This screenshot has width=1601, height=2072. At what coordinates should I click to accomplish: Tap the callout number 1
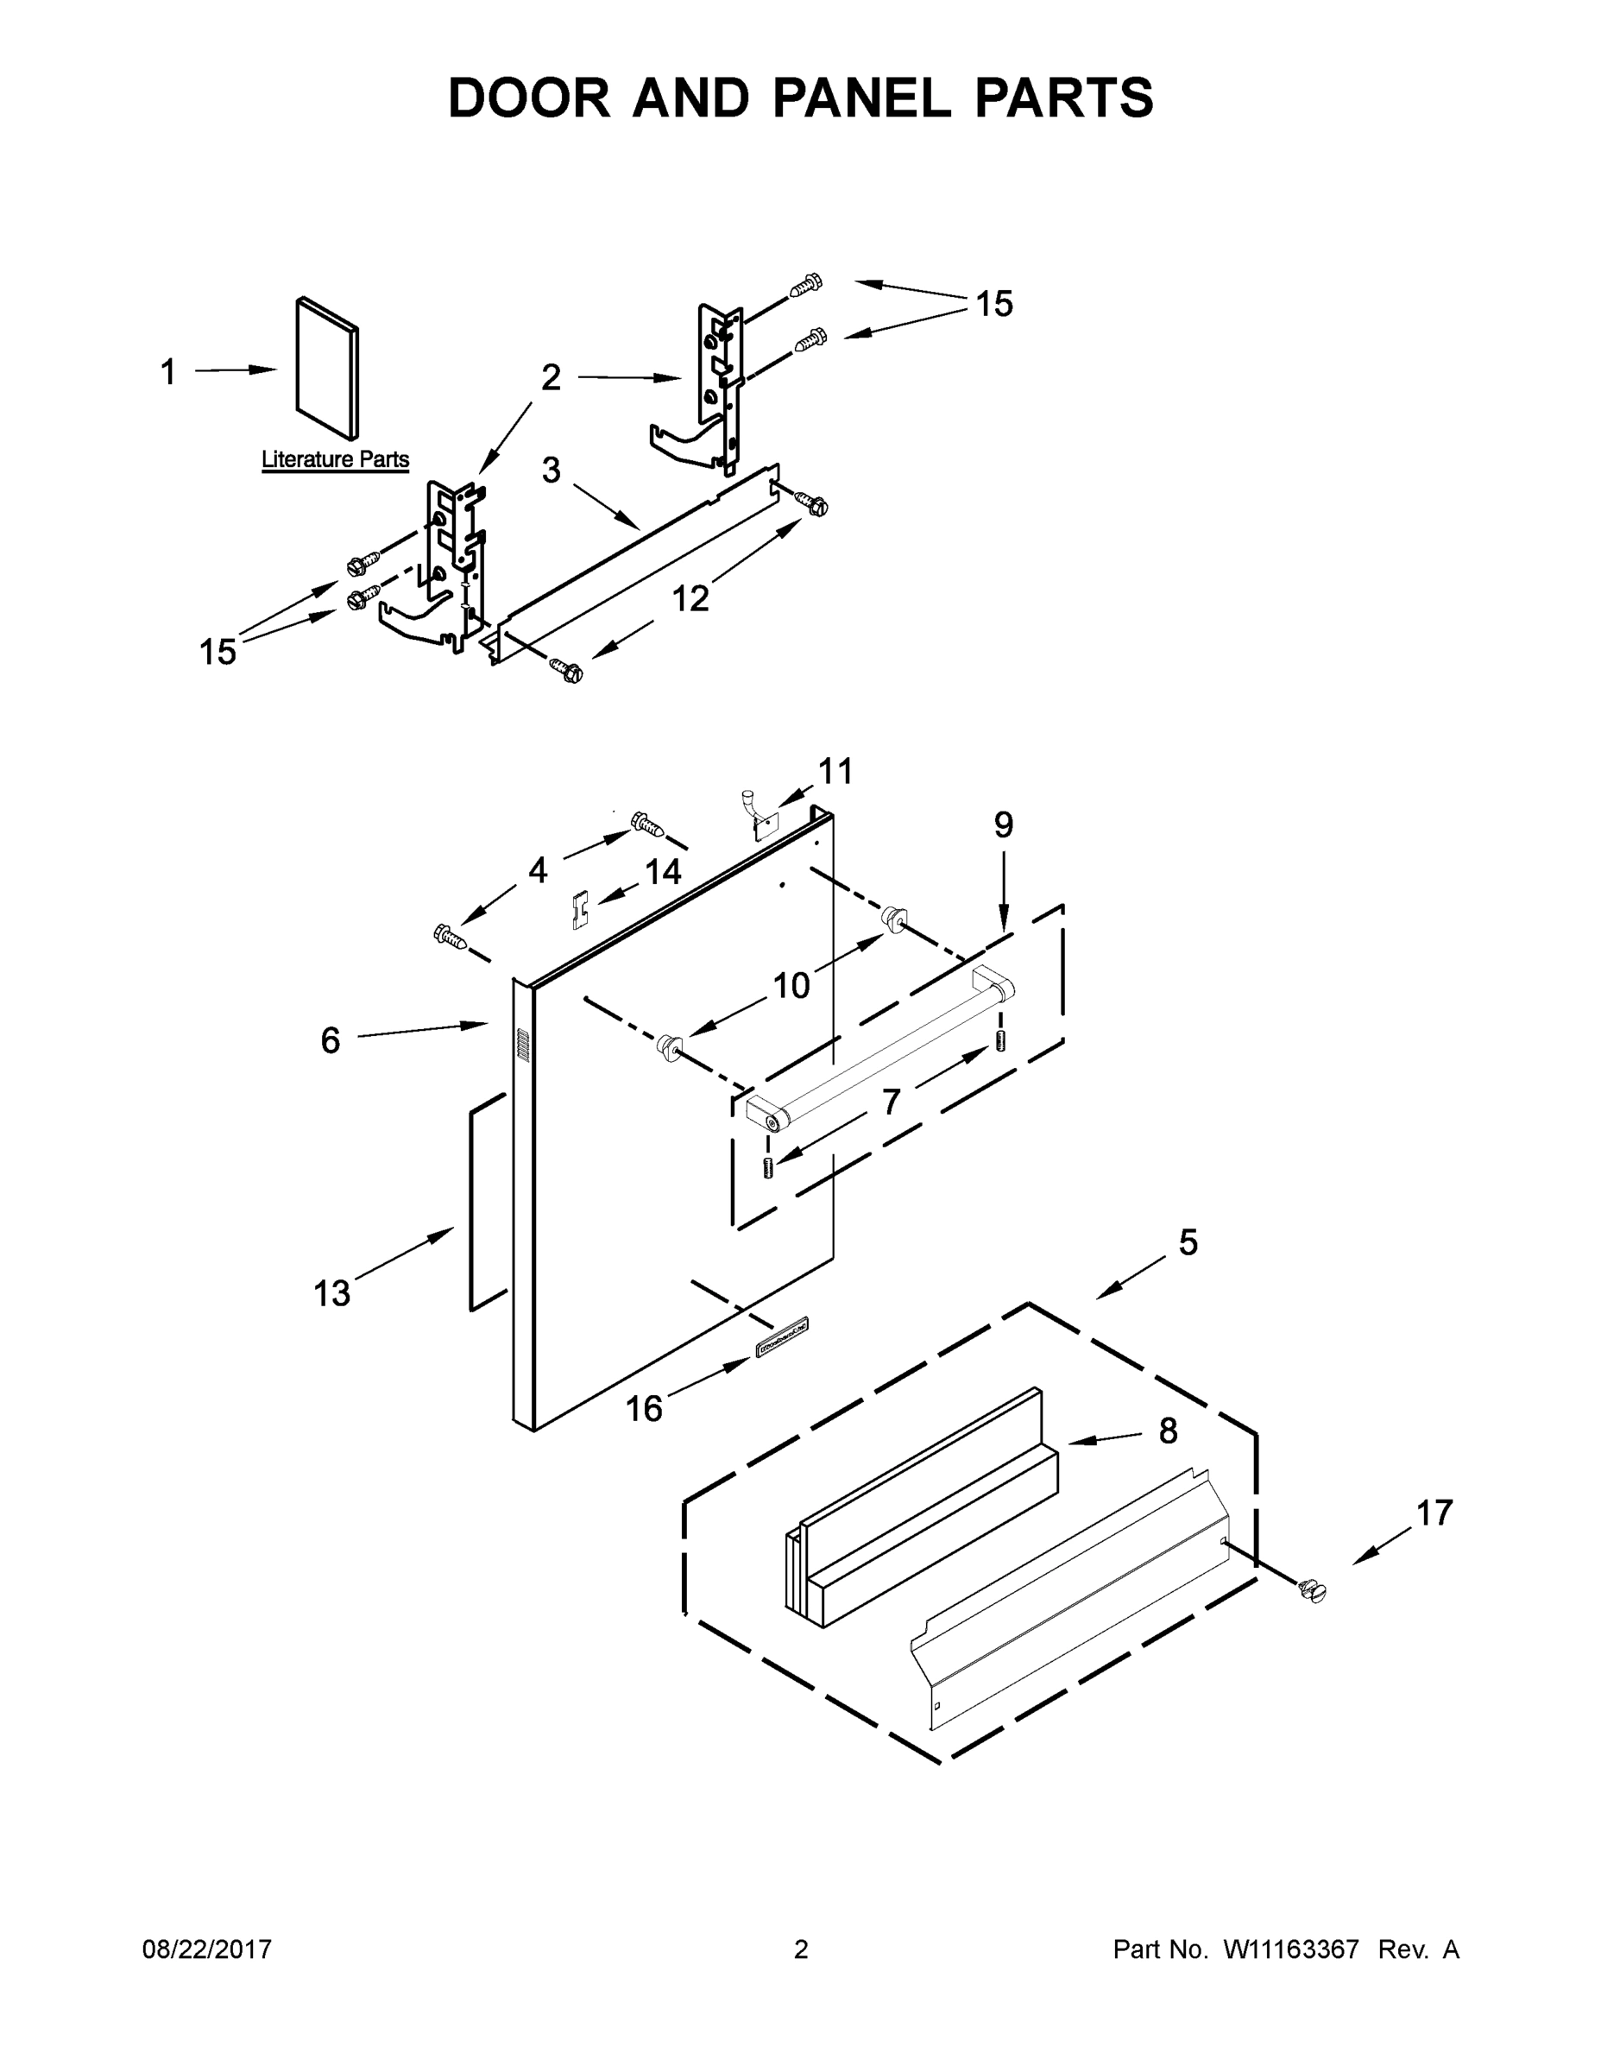point(168,373)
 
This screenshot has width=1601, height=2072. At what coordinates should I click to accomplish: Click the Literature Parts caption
point(335,460)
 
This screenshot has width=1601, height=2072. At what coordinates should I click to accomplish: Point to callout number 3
point(551,470)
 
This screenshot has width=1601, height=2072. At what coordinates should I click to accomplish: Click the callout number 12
point(690,598)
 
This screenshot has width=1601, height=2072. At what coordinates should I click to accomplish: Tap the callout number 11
point(835,771)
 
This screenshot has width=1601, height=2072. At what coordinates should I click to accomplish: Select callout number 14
point(663,871)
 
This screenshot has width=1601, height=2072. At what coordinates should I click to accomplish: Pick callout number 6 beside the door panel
point(330,1040)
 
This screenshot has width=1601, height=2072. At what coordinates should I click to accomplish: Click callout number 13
point(332,1293)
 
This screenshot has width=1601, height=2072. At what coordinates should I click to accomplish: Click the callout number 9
point(1004,825)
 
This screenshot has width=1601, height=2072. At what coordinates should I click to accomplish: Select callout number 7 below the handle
point(891,1102)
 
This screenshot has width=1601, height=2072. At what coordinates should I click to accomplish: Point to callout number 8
point(1168,1431)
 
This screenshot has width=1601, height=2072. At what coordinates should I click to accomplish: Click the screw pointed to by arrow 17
point(1313,1591)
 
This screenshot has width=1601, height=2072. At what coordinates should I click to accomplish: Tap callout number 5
point(1188,1243)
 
